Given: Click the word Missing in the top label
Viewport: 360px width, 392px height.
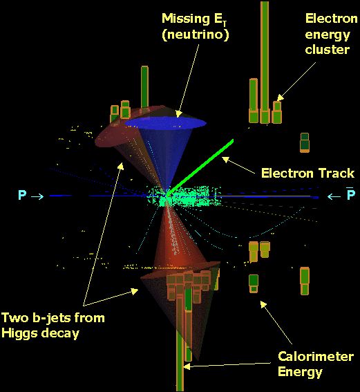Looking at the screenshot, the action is click(x=186, y=19).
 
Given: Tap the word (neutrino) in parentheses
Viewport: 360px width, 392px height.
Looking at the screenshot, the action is click(x=196, y=35).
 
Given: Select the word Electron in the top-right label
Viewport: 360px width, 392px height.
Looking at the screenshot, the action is click(x=332, y=19).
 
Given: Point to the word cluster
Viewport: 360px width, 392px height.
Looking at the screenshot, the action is click(x=328, y=50).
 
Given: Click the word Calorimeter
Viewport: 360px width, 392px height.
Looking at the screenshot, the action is click(x=316, y=357).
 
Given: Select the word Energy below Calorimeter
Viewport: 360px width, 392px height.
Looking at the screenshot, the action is click(x=300, y=372).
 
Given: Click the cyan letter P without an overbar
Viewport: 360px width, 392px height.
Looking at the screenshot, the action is click(x=22, y=195).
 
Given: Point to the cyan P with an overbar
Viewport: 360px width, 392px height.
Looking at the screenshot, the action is click(x=351, y=194).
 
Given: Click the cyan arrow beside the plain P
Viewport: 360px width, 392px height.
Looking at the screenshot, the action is click(x=37, y=197).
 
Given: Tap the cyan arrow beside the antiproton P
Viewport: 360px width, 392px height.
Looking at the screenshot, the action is click(x=334, y=197).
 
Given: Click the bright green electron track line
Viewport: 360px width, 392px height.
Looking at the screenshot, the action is click(x=200, y=167).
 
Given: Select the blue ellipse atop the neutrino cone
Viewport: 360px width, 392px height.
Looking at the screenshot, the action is click(x=165, y=123).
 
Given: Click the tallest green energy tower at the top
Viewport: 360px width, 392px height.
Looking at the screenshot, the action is click(x=265, y=62).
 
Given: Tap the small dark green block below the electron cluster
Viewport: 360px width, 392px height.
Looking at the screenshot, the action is click(x=305, y=142).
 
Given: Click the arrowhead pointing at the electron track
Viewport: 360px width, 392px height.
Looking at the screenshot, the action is click(x=225, y=159).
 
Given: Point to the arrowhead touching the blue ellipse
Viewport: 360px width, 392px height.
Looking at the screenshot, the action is click(x=178, y=114).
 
